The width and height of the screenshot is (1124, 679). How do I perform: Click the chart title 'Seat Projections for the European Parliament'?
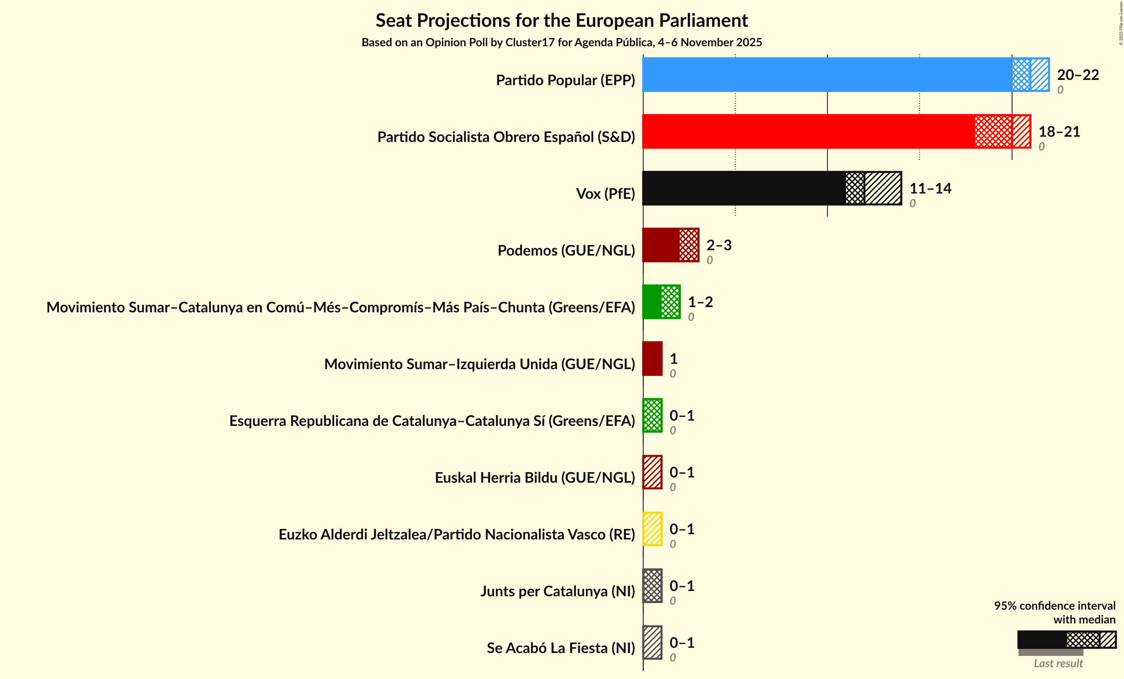pos(562,21)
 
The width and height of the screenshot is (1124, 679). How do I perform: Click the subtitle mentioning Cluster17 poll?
pos(562,43)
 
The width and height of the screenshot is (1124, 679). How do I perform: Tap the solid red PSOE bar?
pos(808,131)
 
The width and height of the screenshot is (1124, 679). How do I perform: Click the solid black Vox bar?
pos(743,188)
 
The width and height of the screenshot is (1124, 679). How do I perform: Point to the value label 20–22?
pos(1077,74)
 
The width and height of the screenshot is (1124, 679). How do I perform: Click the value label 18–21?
pos(1059,131)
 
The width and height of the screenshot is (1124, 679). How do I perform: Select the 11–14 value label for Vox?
pos(930,188)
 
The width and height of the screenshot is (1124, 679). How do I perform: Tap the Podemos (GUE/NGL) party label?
pos(566,250)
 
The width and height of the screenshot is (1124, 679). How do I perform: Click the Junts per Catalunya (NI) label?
pos(557,591)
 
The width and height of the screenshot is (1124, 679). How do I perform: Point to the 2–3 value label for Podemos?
pos(719,245)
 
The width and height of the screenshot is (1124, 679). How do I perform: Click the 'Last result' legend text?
pos(1058,663)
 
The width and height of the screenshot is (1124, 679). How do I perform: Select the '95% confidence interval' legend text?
pos(1054,606)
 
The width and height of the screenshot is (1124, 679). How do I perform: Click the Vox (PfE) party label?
pos(605,194)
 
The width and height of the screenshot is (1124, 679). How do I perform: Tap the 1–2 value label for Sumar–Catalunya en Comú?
pos(700,302)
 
